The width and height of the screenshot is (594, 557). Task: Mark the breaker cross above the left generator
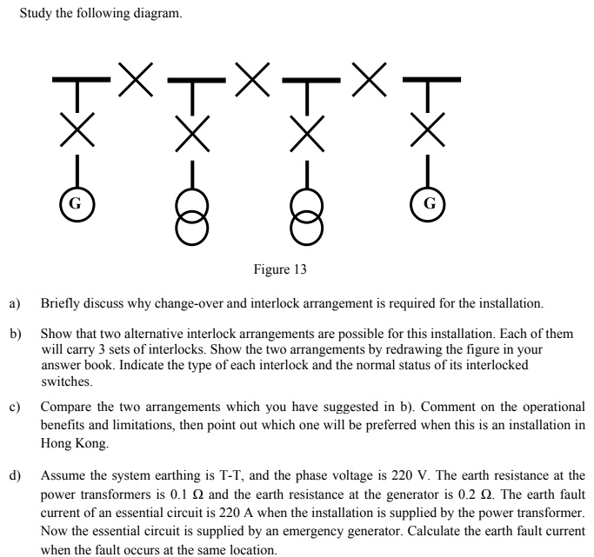76,133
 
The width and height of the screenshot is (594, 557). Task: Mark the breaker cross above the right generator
429,133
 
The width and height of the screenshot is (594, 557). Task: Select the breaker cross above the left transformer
191,133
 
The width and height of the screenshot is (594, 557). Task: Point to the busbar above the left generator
76,83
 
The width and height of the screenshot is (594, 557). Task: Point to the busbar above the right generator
429,83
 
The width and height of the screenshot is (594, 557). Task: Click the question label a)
15,304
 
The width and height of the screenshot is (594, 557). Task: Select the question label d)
15,476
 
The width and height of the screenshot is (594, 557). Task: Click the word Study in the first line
35,14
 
